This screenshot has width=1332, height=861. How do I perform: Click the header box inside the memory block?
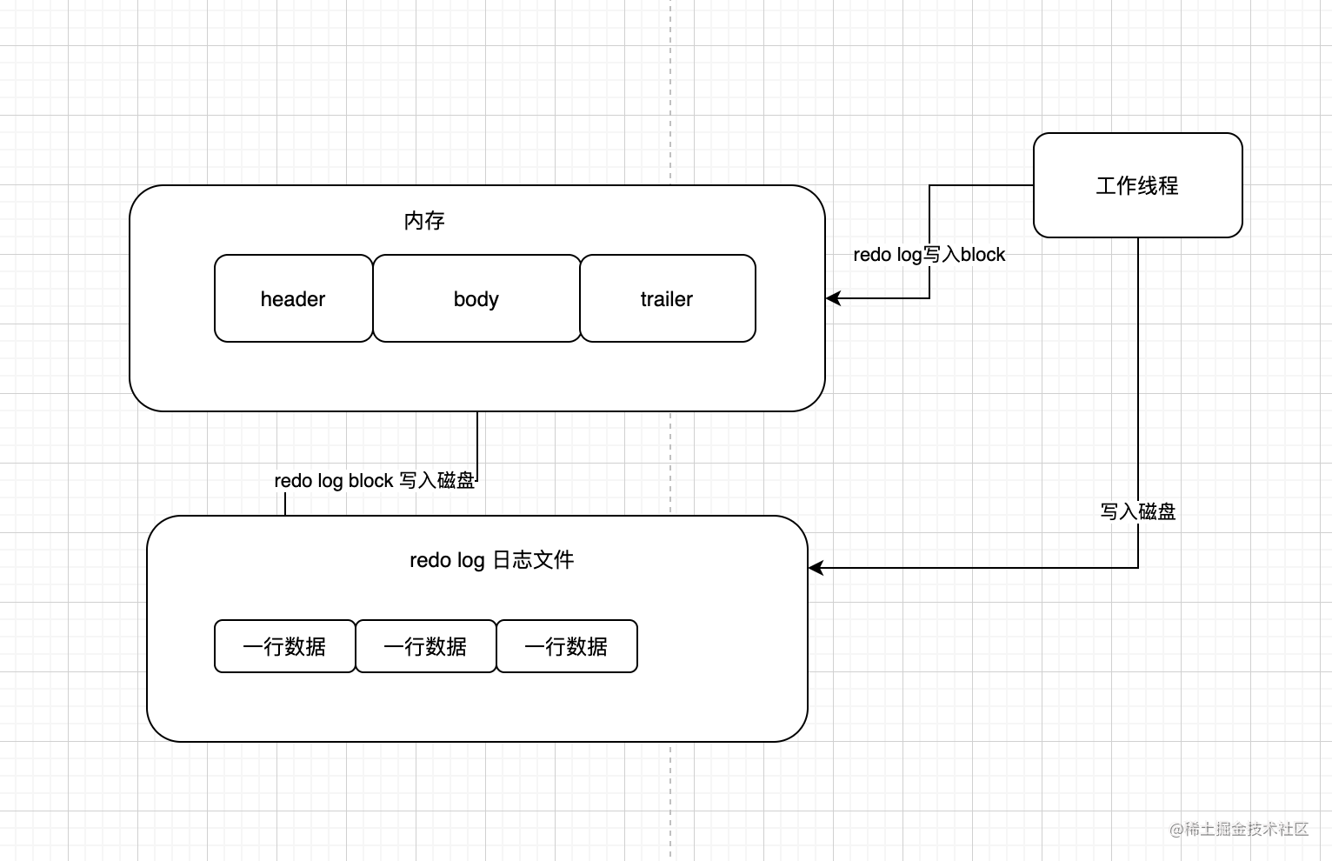tap(293, 298)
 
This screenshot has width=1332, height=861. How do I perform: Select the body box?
tap(476, 298)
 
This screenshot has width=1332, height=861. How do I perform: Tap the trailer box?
tap(667, 298)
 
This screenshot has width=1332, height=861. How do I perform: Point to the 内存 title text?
tap(424, 221)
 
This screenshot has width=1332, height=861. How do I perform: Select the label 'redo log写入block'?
tap(929, 255)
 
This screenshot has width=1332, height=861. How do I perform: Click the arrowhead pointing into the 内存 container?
tap(833, 298)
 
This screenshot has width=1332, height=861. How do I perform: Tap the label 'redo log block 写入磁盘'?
tap(374, 481)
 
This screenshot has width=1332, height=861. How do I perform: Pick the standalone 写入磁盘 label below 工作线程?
tap(1137, 511)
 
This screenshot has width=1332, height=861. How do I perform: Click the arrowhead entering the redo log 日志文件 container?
tap(816, 568)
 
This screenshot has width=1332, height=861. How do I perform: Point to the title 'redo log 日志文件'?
tap(491, 560)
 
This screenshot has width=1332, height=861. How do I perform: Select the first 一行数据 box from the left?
tap(284, 646)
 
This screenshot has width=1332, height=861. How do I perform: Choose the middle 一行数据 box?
tap(425, 646)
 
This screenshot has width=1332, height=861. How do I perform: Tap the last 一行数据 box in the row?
tap(566, 646)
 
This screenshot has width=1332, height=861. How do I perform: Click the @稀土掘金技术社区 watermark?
tap(1239, 829)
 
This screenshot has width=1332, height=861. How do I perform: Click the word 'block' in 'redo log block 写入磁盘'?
tap(371, 481)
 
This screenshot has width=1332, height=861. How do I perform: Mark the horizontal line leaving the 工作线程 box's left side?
tap(982, 185)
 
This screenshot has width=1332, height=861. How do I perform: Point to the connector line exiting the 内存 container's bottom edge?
tap(477, 439)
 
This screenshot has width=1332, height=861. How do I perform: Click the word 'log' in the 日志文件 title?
tap(470, 561)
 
